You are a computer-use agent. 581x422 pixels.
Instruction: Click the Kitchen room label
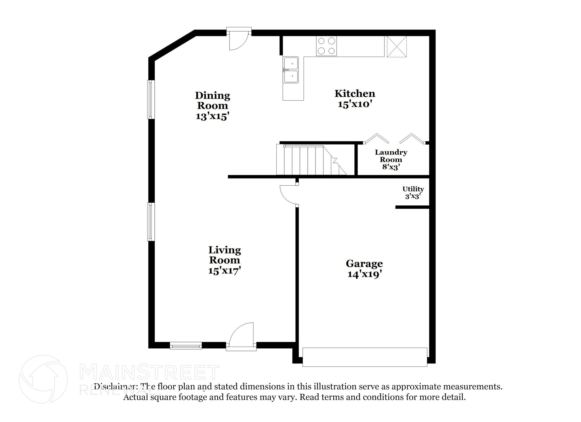coord(355,94)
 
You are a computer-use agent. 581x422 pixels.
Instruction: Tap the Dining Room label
coord(212,100)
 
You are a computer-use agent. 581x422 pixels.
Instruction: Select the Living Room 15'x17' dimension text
coord(224,270)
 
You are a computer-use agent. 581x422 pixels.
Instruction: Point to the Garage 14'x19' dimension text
coord(364,274)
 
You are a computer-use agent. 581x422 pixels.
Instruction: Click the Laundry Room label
coord(391,156)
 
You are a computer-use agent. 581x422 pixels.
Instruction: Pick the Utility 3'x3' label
coord(413,192)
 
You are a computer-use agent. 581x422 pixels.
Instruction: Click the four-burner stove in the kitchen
coord(327,46)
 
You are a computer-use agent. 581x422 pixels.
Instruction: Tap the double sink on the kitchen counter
coord(290,70)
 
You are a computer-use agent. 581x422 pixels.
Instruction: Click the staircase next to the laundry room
coord(311,160)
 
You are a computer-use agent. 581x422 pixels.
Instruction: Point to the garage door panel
coord(365,357)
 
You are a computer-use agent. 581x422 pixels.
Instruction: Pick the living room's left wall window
coord(151,222)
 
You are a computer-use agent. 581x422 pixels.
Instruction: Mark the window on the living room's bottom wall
coord(186,345)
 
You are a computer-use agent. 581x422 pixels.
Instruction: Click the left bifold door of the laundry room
coord(377,139)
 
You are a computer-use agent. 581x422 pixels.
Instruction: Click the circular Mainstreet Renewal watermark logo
coord(43,379)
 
